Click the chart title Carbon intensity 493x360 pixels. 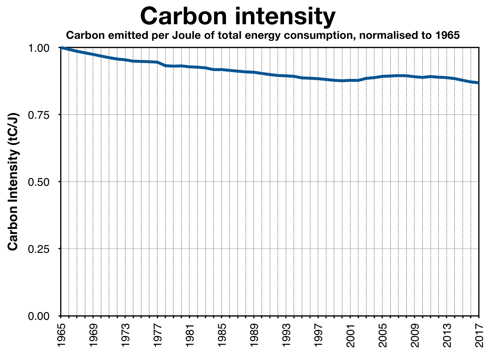pos(238,16)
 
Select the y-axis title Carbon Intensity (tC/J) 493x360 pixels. pos(13,182)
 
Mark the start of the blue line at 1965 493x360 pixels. pos(61,48)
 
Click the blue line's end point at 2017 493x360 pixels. pos(478,83)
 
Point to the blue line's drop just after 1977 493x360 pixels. pos(161,64)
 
